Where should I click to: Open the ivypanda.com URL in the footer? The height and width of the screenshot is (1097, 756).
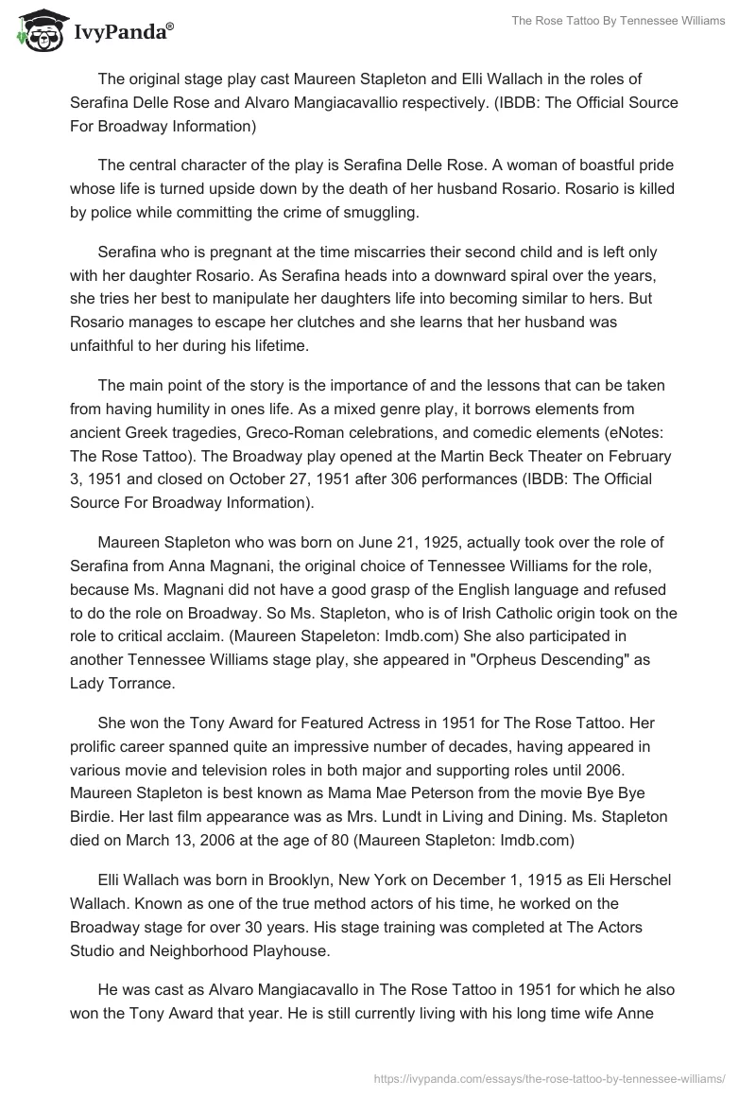(x=550, y=1077)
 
